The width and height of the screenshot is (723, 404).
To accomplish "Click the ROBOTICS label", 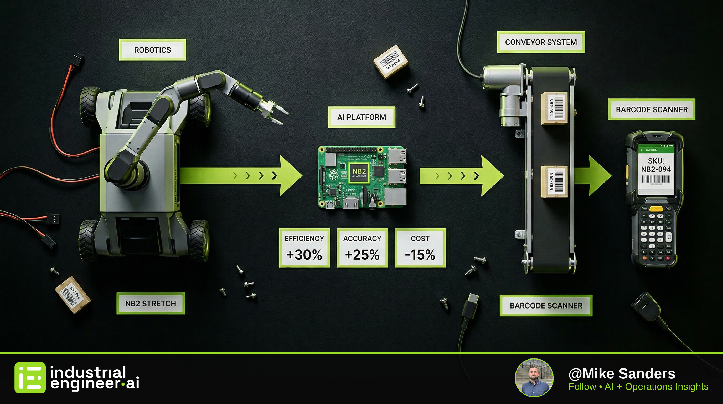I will click(x=152, y=50).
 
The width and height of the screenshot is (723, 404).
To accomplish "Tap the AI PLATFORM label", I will click(x=361, y=117).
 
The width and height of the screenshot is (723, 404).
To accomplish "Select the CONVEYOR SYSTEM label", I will click(x=541, y=42).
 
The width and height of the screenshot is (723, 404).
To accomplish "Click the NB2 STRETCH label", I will click(x=151, y=304).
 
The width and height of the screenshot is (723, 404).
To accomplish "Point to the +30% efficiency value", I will click(x=304, y=255).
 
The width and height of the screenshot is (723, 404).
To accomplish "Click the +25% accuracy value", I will click(x=362, y=255).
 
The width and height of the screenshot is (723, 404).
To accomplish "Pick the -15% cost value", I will click(x=420, y=255).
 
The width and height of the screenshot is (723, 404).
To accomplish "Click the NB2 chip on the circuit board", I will click(x=359, y=172).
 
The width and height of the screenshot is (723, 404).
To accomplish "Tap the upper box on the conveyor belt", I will click(x=554, y=108).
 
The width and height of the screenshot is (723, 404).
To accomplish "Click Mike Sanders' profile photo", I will click(x=534, y=378).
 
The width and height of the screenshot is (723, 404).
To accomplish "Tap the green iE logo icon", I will click(x=30, y=378).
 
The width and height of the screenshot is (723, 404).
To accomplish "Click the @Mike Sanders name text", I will click(x=622, y=374).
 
